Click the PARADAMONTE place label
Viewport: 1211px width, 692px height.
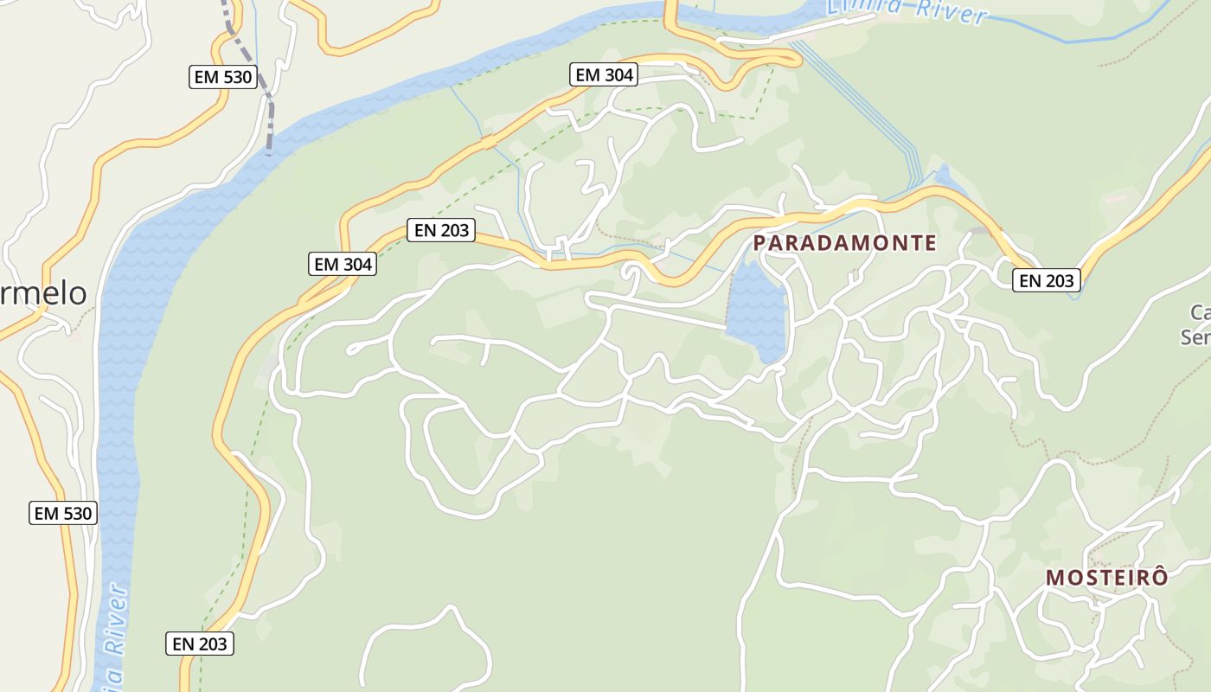pos(844,243)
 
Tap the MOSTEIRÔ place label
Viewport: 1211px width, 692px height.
pos(1106,578)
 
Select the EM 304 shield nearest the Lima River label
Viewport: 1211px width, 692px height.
pos(605,75)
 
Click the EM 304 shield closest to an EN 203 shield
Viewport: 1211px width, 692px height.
pos(343,264)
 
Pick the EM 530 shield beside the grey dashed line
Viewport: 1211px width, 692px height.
pos(223,77)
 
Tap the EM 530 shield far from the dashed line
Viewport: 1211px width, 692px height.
pos(62,513)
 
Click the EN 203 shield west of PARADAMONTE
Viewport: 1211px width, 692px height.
pos(441,230)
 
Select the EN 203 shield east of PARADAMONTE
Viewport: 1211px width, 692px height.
pos(1047,280)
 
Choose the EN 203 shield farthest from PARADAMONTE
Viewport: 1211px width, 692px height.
pos(200,644)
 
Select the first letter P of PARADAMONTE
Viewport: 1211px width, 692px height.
pos(760,243)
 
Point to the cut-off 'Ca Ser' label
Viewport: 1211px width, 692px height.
pos(1199,324)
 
